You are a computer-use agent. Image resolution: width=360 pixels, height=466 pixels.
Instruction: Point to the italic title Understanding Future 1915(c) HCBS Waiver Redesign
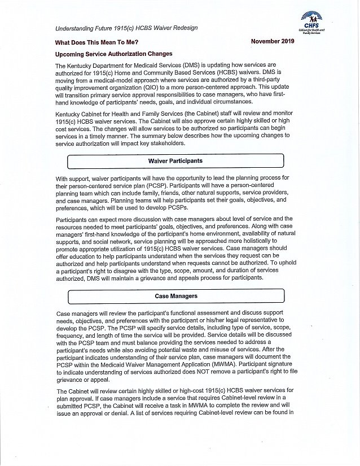point(126,28)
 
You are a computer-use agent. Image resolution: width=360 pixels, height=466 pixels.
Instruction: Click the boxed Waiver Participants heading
point(175,161)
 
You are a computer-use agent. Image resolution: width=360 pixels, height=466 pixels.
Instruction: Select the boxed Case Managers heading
point(175,295)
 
